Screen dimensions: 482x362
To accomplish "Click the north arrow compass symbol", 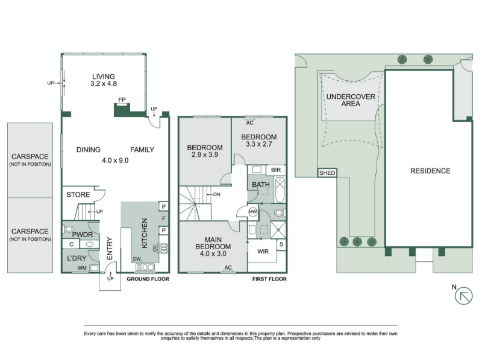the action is coord(463,296).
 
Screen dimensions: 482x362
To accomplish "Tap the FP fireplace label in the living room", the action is coord(122,100).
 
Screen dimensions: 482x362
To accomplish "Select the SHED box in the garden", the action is coord(327,173).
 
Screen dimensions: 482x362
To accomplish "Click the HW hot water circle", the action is coord(252,212).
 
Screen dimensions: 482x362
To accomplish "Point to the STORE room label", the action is coord(78,195).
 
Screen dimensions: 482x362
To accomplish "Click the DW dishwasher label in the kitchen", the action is coord(137,259).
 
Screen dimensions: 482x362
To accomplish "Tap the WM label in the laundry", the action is coord(82,268).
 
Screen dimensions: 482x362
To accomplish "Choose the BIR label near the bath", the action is coord(276,170).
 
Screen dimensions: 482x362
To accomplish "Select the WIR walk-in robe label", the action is coord(263,252).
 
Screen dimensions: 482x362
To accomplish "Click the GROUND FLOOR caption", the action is coord(148,279).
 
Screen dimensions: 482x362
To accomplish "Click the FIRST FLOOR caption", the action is coord(269,279).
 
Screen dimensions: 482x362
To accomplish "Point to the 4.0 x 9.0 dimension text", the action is coord(115,160).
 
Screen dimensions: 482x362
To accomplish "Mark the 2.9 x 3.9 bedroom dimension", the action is coord(205,154).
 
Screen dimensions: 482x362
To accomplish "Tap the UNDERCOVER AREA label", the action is coord(351,100).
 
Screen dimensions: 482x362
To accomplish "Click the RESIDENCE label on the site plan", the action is coord(430,171).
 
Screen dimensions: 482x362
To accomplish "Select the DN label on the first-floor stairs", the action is coord(217,194).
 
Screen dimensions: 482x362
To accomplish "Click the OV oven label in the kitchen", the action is coord(155,248).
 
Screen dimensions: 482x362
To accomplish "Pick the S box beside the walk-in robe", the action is coord(281,245).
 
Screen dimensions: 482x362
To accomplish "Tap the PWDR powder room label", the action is coord(83,235).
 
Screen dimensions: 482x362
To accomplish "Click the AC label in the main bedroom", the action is coord(228,267).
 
